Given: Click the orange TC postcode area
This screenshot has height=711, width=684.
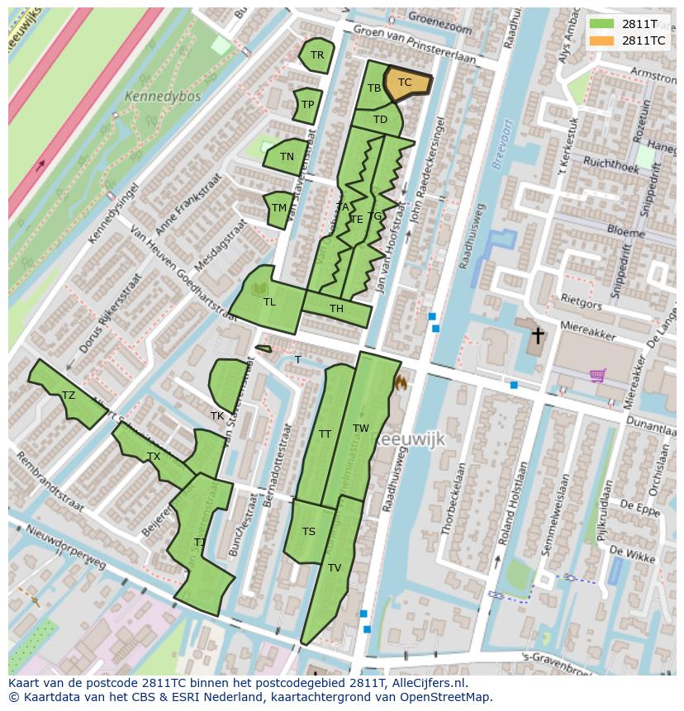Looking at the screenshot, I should click(406, 83).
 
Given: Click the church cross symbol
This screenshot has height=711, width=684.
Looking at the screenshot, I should click(538, 335).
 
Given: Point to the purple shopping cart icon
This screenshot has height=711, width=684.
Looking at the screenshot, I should click(597, 375).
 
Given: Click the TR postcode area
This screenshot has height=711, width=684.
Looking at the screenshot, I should click(316, 55).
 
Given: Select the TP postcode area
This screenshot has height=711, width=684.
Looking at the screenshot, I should click(307, 105).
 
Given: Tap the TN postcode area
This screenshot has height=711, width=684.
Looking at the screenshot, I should click(286, 157).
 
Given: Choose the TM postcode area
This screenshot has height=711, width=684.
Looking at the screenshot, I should click(278, 208).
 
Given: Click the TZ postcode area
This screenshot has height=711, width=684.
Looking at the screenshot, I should click(68, 396).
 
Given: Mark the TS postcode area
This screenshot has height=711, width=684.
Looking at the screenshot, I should click(308, 531).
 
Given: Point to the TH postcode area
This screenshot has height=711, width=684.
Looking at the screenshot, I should click(337, 310).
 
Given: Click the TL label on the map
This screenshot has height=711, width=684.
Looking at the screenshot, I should click(269, 302).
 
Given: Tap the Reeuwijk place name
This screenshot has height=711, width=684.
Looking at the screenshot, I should click(411, 440).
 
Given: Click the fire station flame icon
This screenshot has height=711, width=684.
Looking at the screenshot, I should click(401, 382).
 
